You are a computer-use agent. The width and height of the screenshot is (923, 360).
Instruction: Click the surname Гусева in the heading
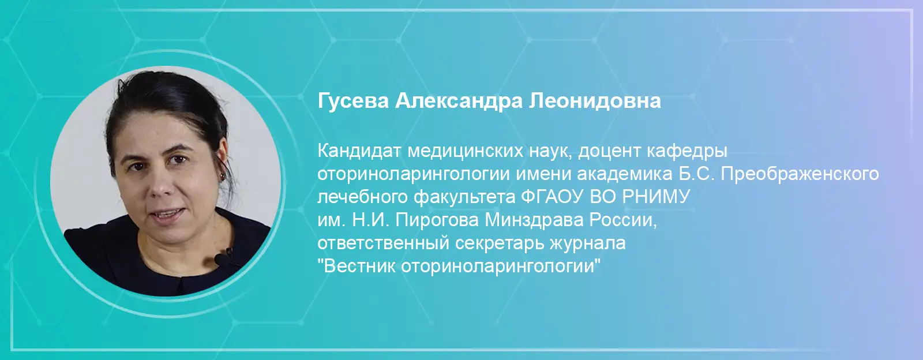coord(353,101)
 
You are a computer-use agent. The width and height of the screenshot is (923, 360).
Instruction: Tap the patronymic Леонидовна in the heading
coord(595,101)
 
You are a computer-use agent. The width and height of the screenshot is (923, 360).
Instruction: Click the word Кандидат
coord(359,151)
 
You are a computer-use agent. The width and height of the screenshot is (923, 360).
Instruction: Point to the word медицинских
coord(465,152)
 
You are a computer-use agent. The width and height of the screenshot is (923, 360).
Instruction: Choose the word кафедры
coord(687,152)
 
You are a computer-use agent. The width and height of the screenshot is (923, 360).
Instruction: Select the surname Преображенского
coord(800,174)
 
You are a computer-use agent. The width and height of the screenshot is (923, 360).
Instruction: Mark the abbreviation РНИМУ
coord(655,197)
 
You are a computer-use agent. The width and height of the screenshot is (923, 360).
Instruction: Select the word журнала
coord(588,244)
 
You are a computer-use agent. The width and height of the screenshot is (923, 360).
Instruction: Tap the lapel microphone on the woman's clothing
coord(223,257)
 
